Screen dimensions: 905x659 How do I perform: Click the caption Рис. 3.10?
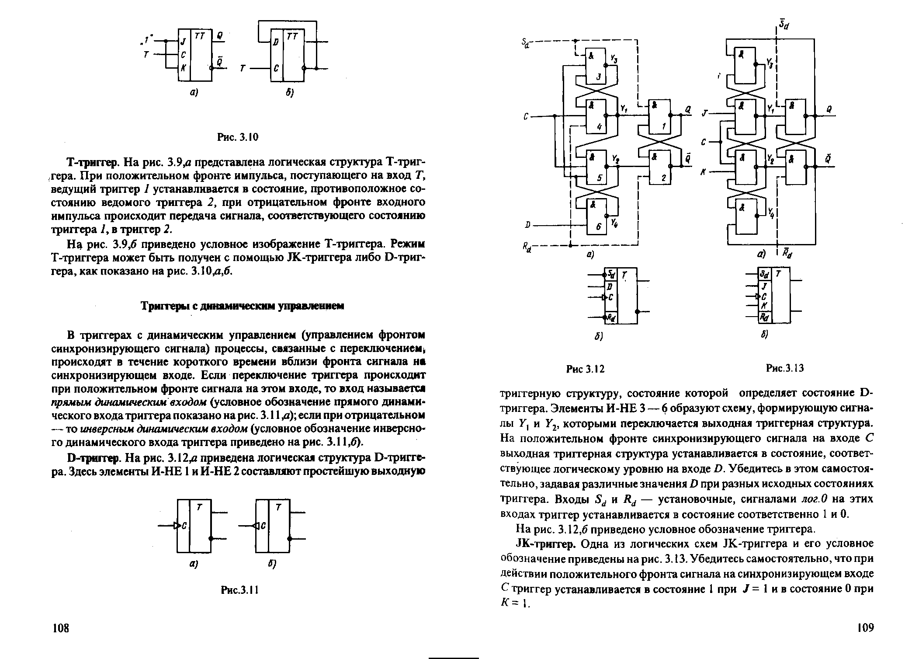click(x=238, y=137)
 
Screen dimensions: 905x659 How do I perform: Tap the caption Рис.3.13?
click(x=785, y=368)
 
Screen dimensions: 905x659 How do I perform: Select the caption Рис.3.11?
click(x=240, y=590)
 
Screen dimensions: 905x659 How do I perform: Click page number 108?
click(x=61, y=628)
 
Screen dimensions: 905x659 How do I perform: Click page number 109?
click(x=865, y=628)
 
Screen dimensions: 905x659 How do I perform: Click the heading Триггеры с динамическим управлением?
click(x=242, y=307)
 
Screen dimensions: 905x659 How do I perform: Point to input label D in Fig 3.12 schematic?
click(x=528, y=225)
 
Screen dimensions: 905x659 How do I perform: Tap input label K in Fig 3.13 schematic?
click(x=703, y=172)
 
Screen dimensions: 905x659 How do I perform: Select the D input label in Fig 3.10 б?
click(x=276, y=42)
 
